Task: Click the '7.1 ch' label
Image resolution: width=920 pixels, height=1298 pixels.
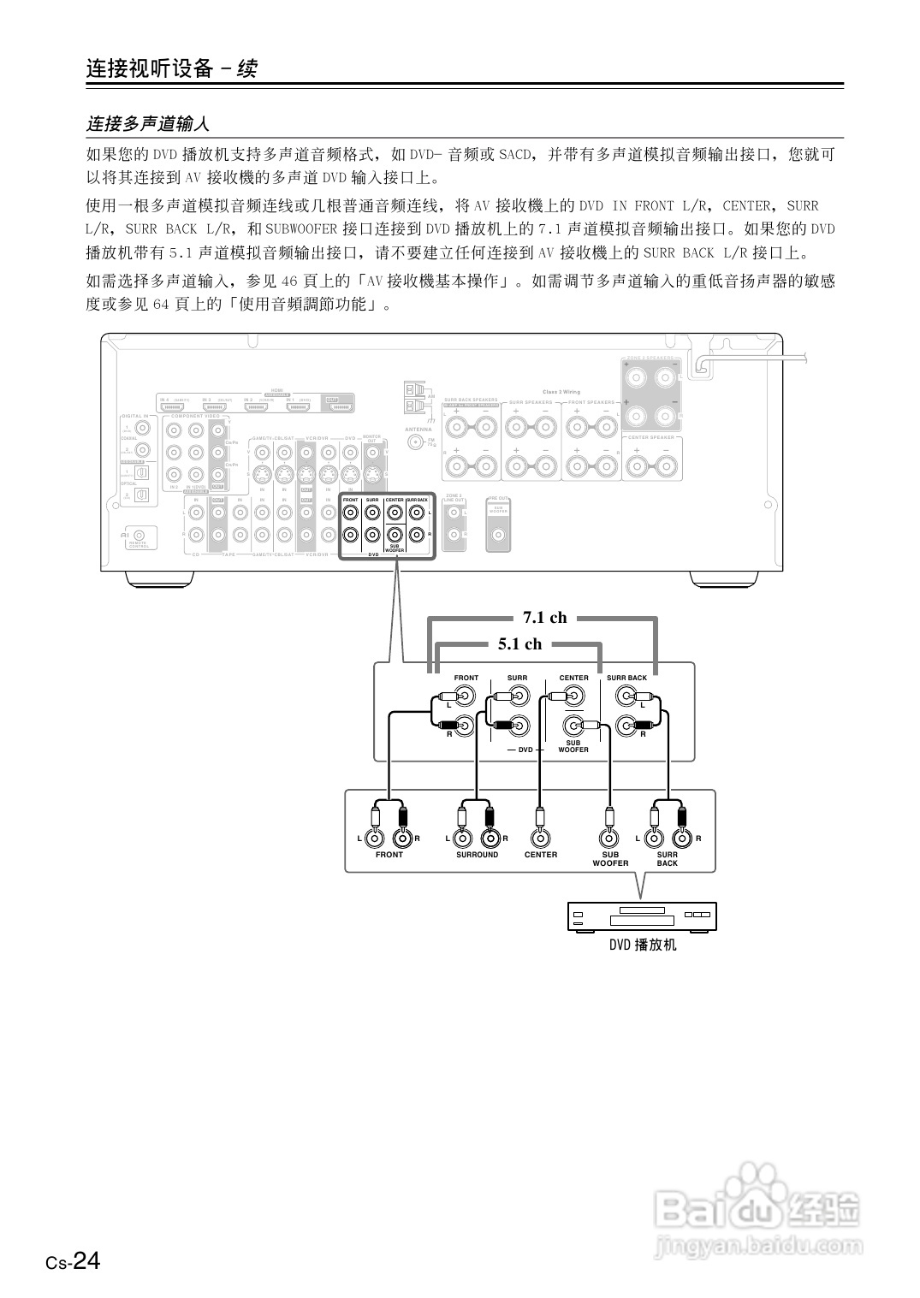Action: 544,618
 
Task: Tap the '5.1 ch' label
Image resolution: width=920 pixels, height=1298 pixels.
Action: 519,644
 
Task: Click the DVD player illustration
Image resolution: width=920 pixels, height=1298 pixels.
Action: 641,916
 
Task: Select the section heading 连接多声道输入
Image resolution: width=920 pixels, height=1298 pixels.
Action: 147,124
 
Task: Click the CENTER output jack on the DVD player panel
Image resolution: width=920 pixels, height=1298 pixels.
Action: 539,839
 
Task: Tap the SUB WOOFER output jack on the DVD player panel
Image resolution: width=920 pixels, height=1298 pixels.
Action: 608,839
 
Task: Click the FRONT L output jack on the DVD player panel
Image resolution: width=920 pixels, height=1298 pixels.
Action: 374,839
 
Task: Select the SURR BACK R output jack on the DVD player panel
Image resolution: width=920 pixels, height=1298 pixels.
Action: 682,839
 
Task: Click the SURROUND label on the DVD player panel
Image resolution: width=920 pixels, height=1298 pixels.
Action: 477,855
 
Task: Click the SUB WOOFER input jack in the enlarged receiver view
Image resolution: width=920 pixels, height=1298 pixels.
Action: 573,727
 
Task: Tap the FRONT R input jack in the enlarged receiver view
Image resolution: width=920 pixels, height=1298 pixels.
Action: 465,727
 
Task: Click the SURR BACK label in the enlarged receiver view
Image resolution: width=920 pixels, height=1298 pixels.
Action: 626,678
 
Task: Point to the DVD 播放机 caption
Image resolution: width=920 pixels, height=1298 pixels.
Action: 643,945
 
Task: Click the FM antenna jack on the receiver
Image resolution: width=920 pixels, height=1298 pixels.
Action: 417,442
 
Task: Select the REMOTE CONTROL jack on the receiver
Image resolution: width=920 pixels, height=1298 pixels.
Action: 139,534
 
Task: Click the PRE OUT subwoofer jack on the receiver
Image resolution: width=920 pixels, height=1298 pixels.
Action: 498,536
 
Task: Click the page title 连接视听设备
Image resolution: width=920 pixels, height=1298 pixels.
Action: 149,68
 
